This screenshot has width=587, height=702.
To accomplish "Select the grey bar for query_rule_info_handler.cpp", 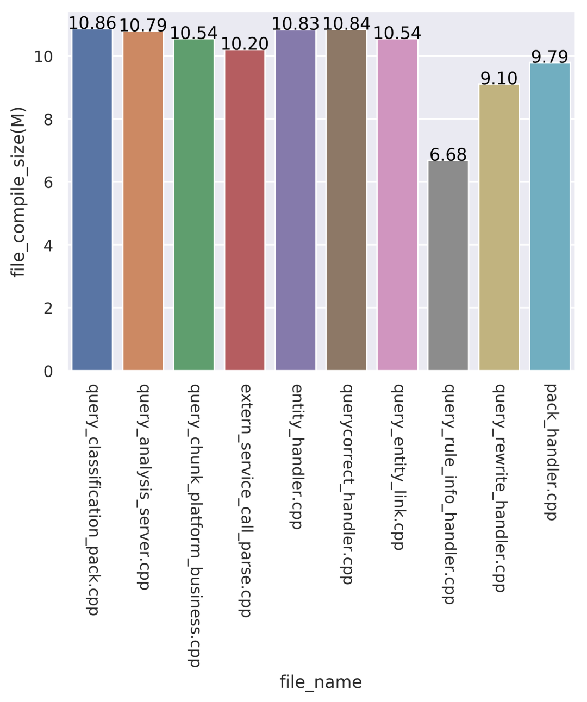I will (448, 266).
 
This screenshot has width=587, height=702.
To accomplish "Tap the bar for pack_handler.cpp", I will (549, 217).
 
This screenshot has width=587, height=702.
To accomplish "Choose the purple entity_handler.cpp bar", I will (296, 200).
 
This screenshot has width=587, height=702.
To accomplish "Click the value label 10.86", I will (92, 23).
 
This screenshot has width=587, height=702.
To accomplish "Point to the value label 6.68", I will (448, 155).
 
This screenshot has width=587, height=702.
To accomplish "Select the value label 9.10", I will (499, 79).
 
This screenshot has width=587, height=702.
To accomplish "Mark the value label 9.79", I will (549, 57).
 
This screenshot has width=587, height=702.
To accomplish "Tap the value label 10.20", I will (245, 43).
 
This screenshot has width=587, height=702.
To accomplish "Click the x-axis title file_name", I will (321, 682).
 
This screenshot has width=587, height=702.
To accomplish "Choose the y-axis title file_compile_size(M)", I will (18, 192).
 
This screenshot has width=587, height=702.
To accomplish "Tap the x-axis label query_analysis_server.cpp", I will (143, 486).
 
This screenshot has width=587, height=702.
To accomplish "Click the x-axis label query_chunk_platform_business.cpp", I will (194, 525).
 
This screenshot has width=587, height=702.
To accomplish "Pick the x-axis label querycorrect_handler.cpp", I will (346, 484).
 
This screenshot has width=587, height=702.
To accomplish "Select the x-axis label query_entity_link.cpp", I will (397, 467).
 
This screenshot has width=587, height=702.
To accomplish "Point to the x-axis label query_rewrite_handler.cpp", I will (499, 487).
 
